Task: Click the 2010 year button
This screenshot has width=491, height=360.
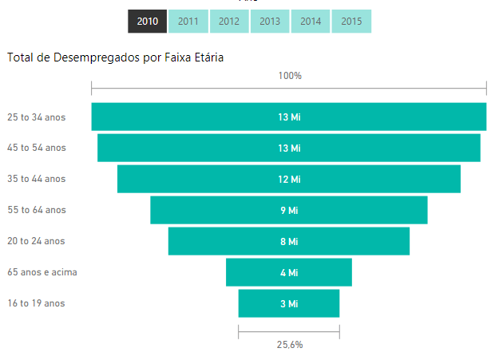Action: pos(147,22)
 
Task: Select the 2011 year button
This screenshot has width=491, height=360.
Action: pos(188,22)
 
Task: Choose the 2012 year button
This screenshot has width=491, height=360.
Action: pos(229,22)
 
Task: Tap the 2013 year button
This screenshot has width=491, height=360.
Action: pos(270,22)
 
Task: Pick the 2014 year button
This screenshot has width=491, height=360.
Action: pos(311,22)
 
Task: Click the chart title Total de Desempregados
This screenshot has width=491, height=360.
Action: pos(115,57)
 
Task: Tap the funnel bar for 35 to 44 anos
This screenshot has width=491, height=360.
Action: pos(200,179)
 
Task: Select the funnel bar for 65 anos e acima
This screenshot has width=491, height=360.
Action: pos(255,272)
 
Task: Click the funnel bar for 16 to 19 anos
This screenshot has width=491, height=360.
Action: pos(263,303)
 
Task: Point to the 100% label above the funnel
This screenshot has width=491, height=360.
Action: pos(290,76)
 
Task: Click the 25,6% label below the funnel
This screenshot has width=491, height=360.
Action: pos(290,345)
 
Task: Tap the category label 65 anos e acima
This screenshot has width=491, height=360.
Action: pos(42,272)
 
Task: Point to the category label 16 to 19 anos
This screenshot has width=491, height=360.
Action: pos(36,303)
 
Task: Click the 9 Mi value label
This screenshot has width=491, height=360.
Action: pos(289,210)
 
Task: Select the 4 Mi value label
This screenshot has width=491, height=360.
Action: pos(289,272)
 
